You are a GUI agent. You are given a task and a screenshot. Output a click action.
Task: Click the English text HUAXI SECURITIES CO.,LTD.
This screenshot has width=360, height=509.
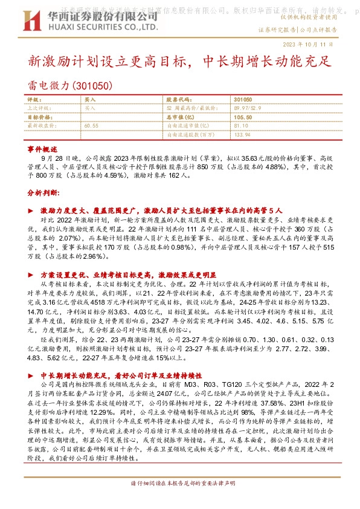90,27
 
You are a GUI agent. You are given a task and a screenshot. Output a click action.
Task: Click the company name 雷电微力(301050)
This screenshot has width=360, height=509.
70,87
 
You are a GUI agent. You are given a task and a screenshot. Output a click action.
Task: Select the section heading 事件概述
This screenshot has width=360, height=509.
42,148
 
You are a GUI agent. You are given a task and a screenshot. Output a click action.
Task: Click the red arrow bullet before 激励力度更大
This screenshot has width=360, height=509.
31,209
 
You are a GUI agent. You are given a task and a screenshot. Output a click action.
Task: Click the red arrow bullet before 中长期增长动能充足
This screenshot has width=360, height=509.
31,375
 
